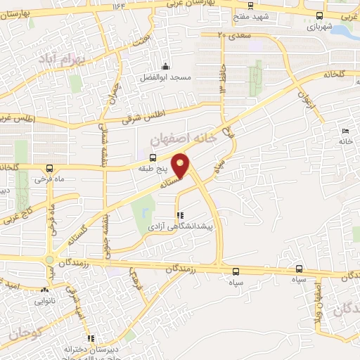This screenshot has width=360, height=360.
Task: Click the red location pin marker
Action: [181, 165]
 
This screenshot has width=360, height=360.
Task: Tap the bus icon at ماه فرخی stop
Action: [49, 168]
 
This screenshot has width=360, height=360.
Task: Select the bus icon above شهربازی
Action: [320, 15]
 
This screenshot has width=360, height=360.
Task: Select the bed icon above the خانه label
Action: [345, 131]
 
